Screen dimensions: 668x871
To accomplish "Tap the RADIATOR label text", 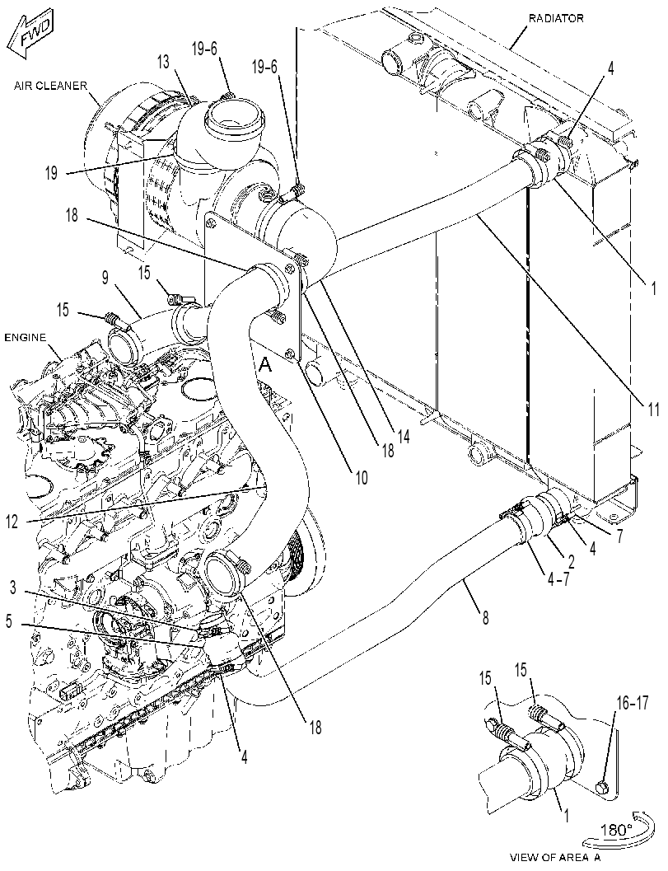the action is click(555, 18).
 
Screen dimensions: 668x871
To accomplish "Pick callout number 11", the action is click(652, 410).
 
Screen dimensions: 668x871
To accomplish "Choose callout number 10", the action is click(362, 476).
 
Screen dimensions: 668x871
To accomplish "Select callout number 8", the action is click(485, 617).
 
